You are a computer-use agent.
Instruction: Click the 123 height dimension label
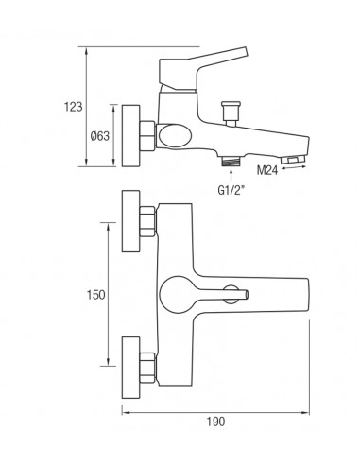(74, 107)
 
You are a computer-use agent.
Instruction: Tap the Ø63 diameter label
(100, 136)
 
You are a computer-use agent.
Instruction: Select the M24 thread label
(267, 171)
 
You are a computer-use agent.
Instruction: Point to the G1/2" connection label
(231, 190)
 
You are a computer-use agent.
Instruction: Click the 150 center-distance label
(96, 295)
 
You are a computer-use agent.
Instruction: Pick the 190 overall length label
(215, 422)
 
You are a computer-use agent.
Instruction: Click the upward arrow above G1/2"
(231, 177)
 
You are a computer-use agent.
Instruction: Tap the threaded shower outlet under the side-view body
(231, 162)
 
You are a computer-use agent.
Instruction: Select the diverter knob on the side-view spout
(231, 113)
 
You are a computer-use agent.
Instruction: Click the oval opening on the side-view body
(175, 136)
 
